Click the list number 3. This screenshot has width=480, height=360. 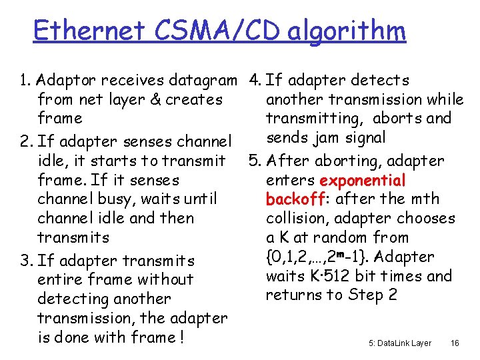coord(25,261)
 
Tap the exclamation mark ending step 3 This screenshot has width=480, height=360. coord(181,337)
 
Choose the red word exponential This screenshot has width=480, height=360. coord(362,181)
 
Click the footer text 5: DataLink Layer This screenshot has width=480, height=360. coord(400,343)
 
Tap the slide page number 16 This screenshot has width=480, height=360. coord(455,343)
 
